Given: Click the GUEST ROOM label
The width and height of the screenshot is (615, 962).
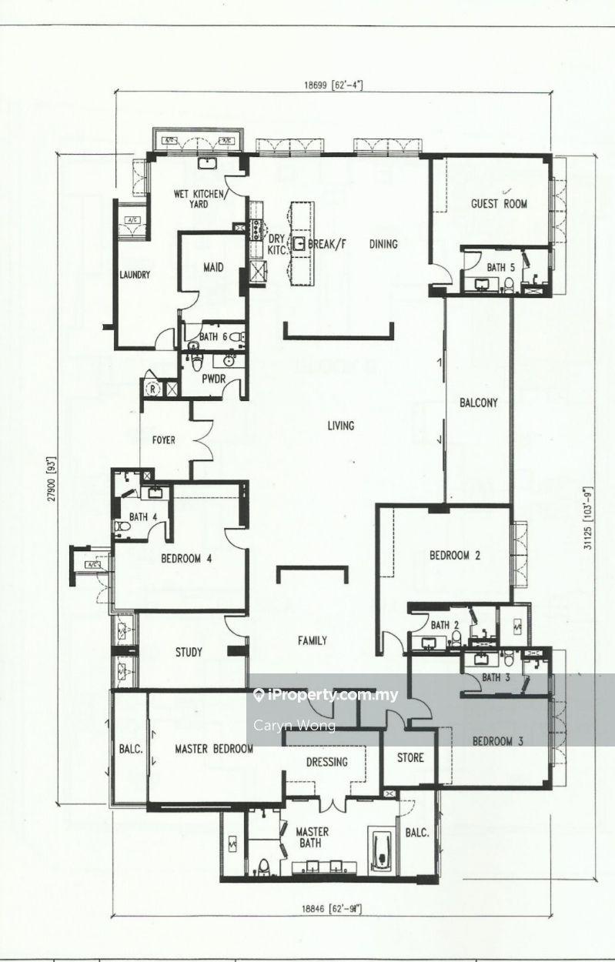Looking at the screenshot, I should click(499, 204).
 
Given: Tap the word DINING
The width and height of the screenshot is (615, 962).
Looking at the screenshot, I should click(383, 245).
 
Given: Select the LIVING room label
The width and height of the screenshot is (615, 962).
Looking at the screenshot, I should click(340, 426).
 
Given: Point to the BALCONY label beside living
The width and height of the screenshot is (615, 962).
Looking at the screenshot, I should click(479, 403).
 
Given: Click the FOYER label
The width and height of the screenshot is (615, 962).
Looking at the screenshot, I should click(163, 441).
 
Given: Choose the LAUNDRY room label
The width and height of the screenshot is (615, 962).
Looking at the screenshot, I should click(134, 275).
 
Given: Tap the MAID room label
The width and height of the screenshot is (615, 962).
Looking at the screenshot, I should click(213, 269).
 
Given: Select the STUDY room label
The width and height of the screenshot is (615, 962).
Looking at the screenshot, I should click(189, 653).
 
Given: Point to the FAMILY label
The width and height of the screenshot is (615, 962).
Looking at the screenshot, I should click(313, 640).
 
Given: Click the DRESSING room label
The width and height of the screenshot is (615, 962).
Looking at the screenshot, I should click(326, 762).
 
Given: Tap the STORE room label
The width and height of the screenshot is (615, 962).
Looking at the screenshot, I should click(410, 758).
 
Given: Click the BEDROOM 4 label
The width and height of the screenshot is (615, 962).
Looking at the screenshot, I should click(186, 559).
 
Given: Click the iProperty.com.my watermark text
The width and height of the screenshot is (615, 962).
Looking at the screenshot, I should click(333, 696).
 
